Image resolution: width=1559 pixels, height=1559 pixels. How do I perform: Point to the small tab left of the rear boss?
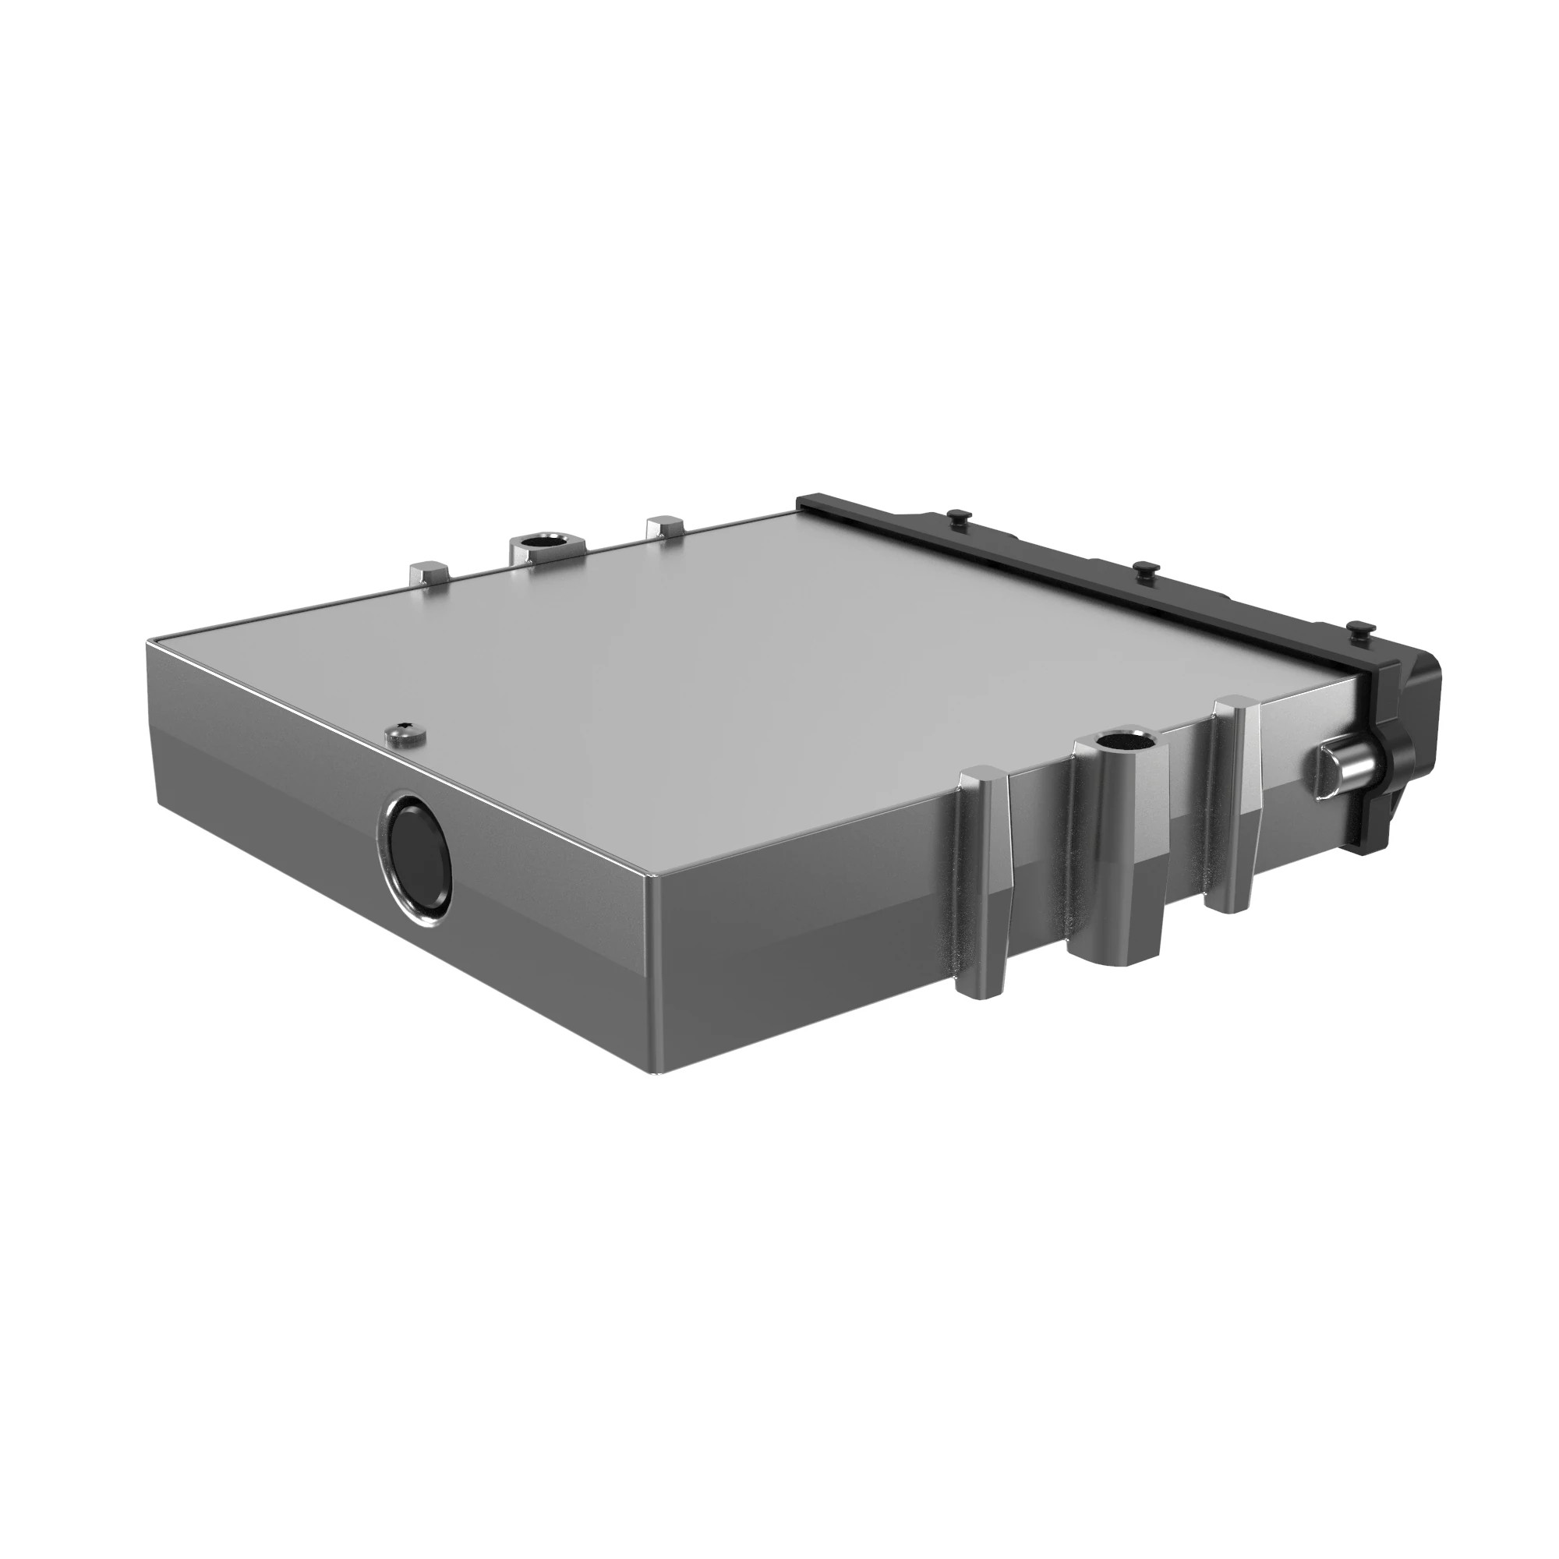pos(427,574)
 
